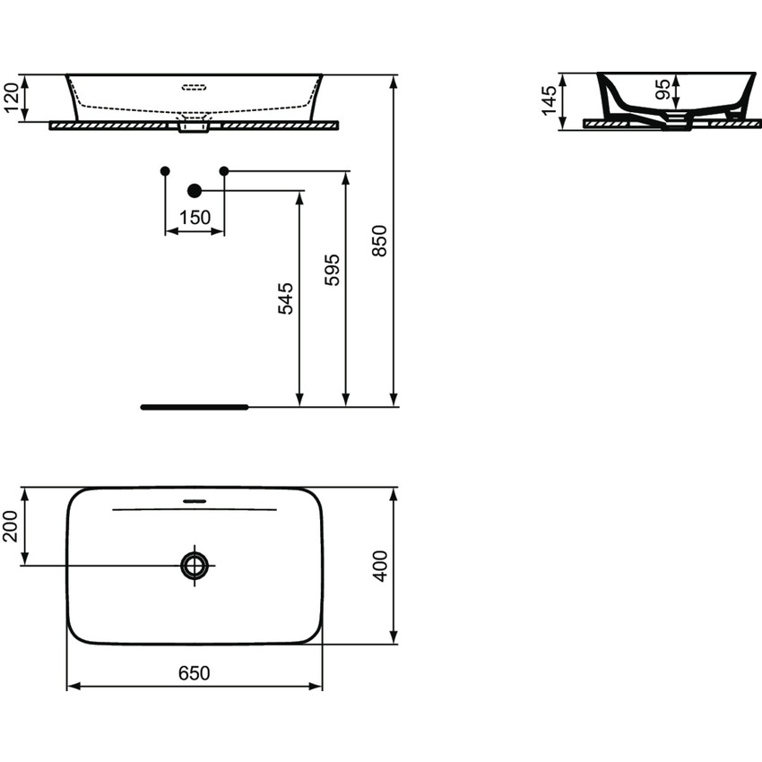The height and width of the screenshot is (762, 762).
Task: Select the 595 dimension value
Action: point(333,269)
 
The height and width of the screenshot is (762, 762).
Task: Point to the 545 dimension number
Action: point(286,298)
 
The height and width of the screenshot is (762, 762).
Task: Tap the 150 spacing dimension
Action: point(195,217)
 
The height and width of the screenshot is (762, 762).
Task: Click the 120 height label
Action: point(13,98)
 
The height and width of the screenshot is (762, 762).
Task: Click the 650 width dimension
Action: point(194,673)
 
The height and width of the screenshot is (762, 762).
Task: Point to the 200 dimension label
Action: point(11,527)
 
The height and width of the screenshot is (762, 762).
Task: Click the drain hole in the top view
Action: point(195,565)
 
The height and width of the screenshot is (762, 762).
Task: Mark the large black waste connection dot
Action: point(194,190)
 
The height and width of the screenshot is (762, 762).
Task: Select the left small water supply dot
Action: point(164,170)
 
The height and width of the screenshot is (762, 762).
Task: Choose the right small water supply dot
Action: point(224,170)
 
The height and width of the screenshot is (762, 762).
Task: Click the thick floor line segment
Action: point(194,407)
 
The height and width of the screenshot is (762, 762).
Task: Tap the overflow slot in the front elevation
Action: point(195,88)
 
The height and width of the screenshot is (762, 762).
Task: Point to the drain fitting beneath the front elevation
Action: point(194,128)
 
